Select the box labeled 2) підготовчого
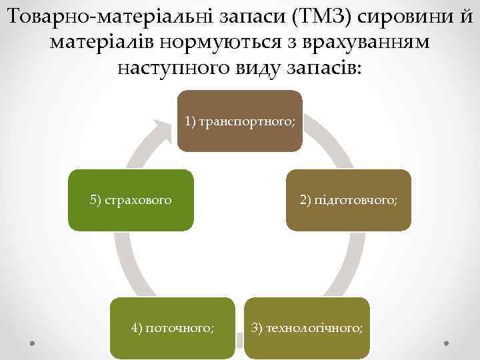tap(349, 200)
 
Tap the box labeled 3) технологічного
tap(307, 328)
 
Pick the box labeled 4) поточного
tap(173, 328)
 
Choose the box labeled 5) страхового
tap(131, 200)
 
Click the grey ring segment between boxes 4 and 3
tap(240, 342)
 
